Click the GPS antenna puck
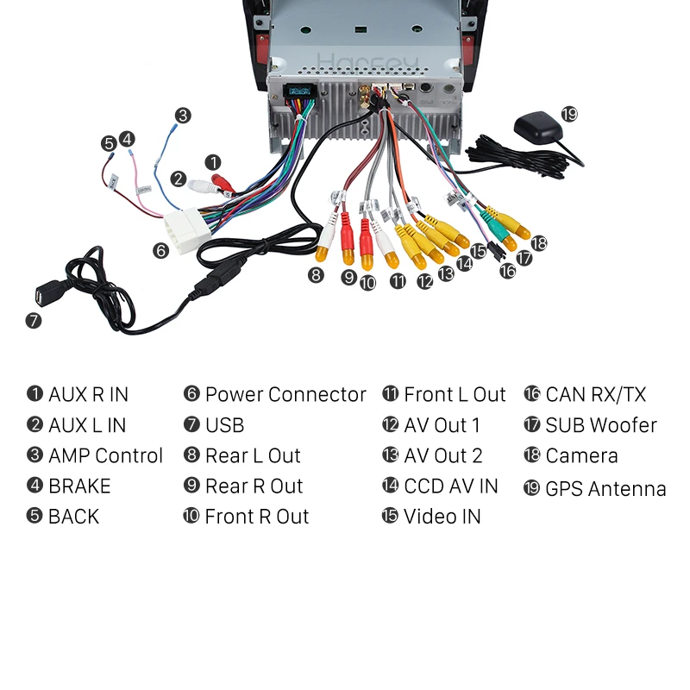click(538, 129)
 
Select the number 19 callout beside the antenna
click(568, 114)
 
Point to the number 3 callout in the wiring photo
click(182, 115)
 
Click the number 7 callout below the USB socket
click(34, 321)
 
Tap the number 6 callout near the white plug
click(160, 250)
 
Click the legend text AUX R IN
click(88, 395)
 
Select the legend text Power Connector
click(285, 395)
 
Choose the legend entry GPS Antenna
click(605, 488)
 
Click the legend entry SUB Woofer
click(601, 425)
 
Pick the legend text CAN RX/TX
click(595, 395)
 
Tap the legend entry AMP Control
click(105, 456)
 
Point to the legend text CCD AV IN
click(451, 486)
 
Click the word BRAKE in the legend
click(79, 486)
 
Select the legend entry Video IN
click(442, 517)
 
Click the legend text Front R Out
click(256, 517)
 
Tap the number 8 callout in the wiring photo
click(317, 274)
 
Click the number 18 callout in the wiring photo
click(539, 243)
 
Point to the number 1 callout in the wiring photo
click(214, 161)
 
